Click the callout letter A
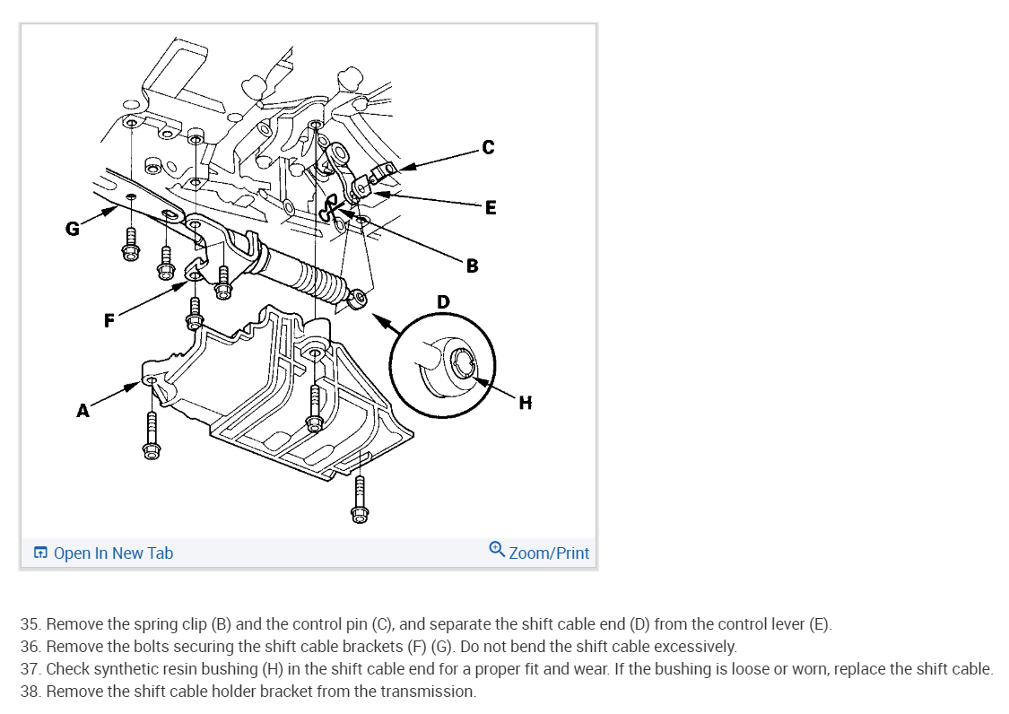pyautogui.click(x=83, y=411)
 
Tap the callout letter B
pyautogui.click(x=472, y=266)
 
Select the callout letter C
pyautogui.click(x=487, y=146)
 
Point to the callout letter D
pyautogui.click(x=443, y=301)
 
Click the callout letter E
pyautogui.click(x=490, y=207)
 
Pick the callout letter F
pyautogui.click(x=109, y=321)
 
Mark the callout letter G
pyautogui.click(x=72, y=229)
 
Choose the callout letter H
pyautogui.click(x=525, y=403)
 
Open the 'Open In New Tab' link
pyautogui.click(x=113, y=553)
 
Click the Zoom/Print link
pyautogui.click(x=549, y=553)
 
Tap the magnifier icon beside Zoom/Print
pyautogui.click(x=497, y=549)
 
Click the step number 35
pyautogui.click(x=30, y=623)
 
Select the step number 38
pyautogui.click(x=30, y=692)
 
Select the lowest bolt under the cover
pyautogui.click(x=360, y=498)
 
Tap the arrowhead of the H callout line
pyautogui.click(x=478, y=380)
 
